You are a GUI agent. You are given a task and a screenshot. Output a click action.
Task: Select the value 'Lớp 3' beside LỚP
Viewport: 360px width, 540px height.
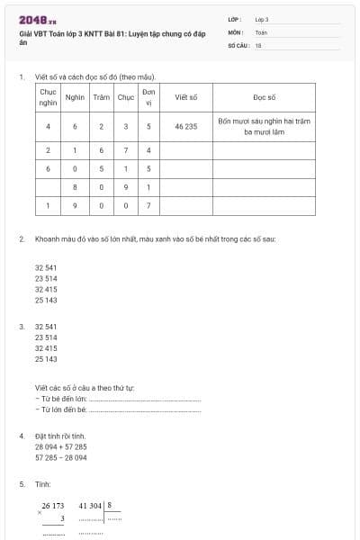[262, 18]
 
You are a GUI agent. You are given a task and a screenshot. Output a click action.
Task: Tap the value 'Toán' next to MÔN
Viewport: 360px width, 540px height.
[261, 31]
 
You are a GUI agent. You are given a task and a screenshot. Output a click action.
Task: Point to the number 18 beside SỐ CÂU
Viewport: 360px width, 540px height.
[258, 44]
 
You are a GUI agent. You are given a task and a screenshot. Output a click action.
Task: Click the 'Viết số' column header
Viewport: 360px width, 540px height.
[186, 96]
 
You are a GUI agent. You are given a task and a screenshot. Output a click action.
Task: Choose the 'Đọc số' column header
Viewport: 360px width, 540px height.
[265, 96]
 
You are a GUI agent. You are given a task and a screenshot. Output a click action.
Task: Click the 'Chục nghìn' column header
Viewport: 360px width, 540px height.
[48, 96]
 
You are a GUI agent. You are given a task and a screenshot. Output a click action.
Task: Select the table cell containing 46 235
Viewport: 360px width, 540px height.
[186, 127]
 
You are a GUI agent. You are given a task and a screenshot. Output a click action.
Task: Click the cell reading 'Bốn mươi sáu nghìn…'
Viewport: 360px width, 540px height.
[265, 127]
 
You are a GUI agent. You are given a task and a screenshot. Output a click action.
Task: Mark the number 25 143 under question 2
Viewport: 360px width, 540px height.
[46, 301]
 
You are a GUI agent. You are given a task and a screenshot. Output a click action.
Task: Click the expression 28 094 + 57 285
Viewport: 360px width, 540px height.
[61, 446]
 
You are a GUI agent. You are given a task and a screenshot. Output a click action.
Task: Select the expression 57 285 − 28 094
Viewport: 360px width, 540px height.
[61, 457]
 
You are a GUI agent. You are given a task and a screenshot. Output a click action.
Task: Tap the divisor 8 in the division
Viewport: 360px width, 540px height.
[110, 506]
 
